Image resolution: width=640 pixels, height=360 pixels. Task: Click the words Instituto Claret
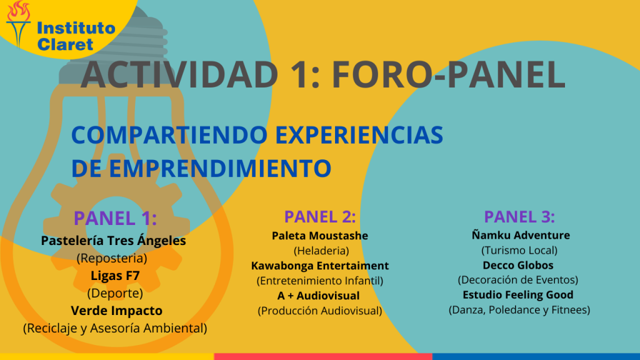76,36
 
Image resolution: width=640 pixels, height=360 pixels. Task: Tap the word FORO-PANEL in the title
449,74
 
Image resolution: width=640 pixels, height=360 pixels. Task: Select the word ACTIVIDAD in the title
179,74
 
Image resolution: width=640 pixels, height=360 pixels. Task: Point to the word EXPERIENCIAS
359,135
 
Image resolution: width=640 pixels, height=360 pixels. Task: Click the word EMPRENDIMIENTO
220,168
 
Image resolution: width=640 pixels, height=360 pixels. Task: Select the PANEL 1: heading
115,218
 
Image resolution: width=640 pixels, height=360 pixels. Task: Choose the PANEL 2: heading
320,217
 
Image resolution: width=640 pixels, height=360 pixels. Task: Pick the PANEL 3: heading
519,217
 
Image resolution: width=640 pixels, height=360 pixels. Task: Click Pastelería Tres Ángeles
114,241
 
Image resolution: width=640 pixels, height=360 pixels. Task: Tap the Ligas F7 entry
115,276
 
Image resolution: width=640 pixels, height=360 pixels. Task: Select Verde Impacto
117,311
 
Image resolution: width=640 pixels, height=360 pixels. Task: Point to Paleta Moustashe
320,236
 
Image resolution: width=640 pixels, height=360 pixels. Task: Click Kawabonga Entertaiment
320,266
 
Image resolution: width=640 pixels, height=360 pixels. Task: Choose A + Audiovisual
318,296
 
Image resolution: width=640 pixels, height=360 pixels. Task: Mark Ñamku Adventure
521,235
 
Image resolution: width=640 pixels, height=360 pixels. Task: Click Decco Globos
518,265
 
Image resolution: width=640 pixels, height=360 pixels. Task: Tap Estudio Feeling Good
518,295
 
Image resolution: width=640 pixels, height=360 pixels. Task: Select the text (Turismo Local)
519,250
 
